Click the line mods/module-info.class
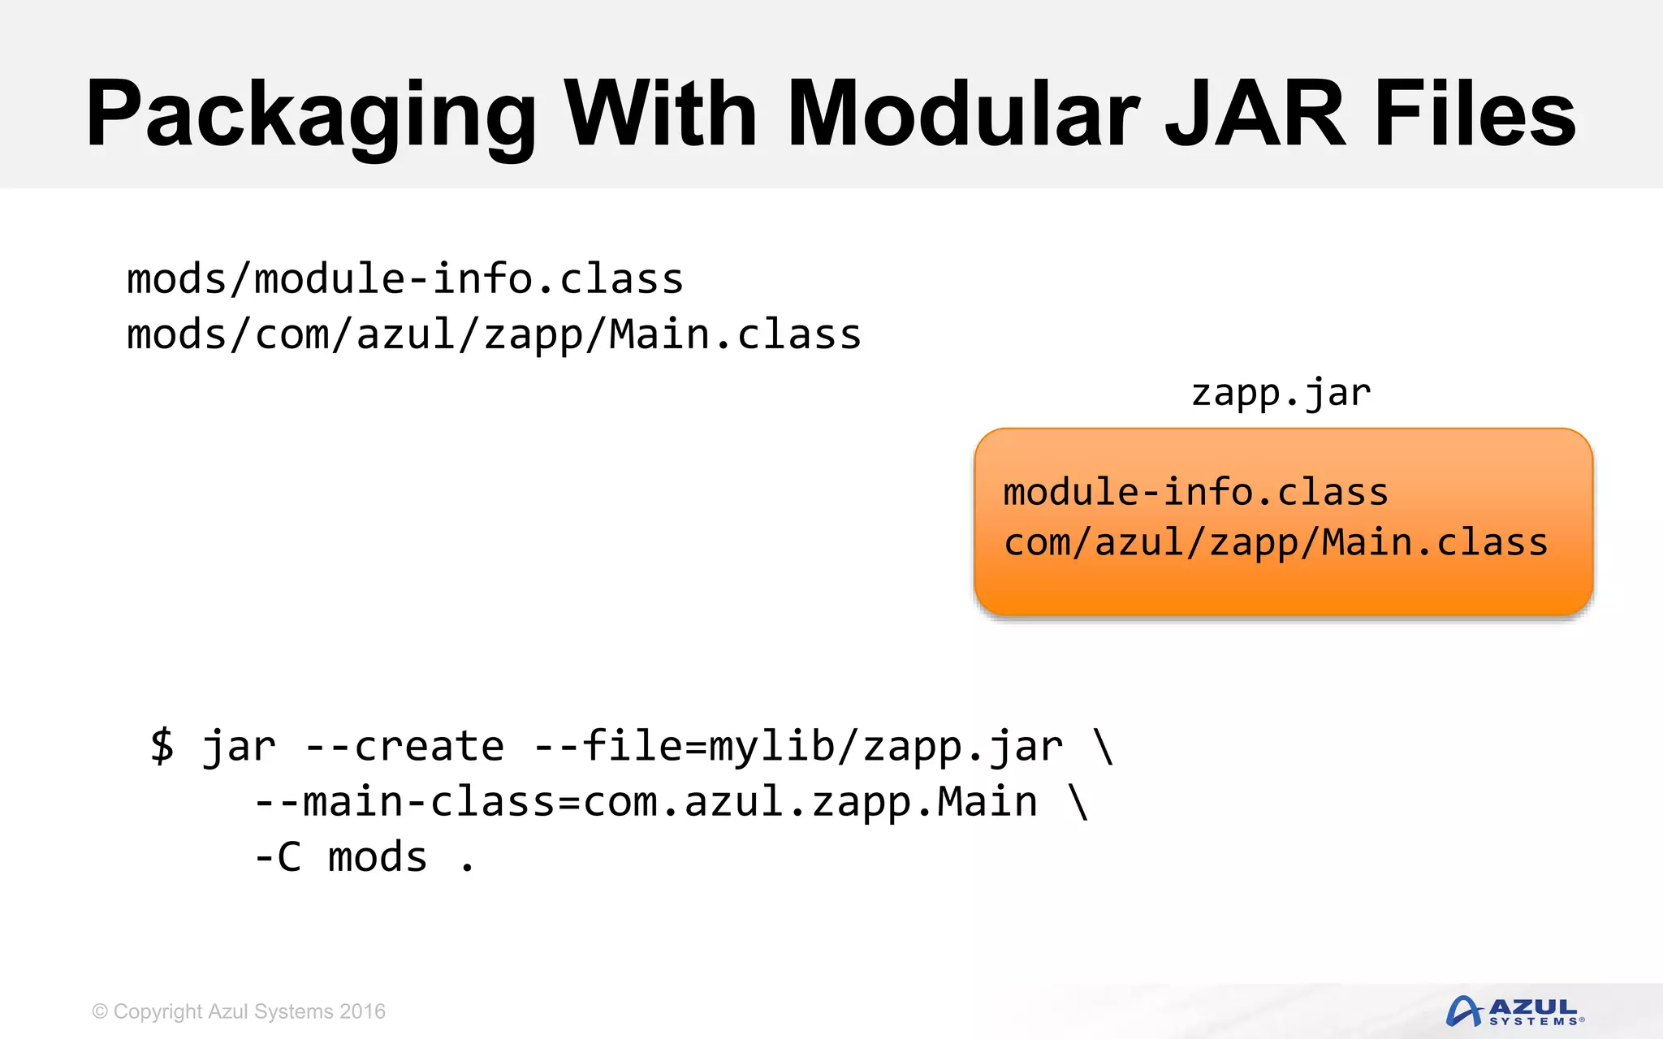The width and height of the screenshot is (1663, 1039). coord(404,279)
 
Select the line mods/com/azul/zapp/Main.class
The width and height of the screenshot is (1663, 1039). coord(494,334)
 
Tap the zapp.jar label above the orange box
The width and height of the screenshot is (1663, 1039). coord(1281,393)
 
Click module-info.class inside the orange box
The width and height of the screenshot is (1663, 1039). coord(1195,492)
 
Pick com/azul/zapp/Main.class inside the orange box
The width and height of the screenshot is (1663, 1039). coord(1275,542)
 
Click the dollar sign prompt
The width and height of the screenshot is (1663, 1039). coord(162,745)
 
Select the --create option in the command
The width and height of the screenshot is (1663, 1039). coord(404,746)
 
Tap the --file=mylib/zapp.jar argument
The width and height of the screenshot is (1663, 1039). coord(798,746)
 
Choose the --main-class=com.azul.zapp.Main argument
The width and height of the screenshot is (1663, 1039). coord(646,802)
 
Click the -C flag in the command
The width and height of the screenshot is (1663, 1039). coord(278,857)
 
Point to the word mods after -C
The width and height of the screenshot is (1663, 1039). coord(378,857)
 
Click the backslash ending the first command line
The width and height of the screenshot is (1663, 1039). coord(1104,746)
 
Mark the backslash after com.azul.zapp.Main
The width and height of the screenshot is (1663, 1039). coord(1078,802)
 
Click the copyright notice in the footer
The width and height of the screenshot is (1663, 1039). coord(239,1011)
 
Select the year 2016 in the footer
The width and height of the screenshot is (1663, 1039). coord(362,1011)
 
